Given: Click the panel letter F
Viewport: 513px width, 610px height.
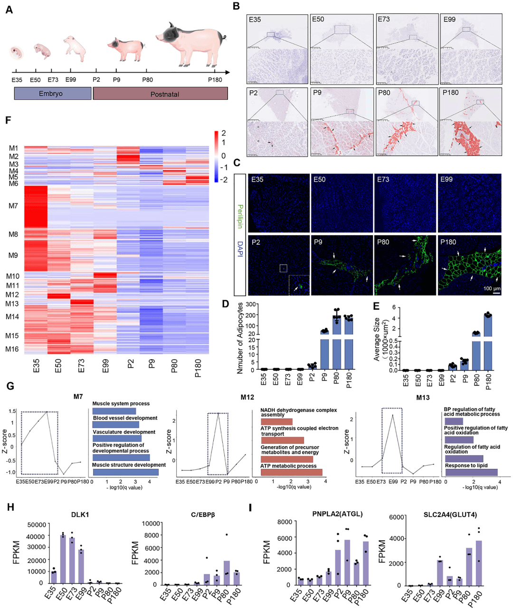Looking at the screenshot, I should pos(8,120).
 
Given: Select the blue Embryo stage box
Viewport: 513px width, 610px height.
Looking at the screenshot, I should pos(52,94).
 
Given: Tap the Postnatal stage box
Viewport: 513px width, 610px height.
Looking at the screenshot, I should pos(160,94).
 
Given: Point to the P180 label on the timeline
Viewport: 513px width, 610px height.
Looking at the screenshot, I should pos(215,80).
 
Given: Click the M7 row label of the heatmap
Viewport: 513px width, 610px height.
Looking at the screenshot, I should pos(13,206).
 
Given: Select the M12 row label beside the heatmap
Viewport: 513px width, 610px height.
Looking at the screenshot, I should pos(12,295).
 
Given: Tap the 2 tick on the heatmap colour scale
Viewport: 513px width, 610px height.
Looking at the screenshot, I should pos(224,133).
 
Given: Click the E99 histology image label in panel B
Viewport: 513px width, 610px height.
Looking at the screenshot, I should pos(449,19).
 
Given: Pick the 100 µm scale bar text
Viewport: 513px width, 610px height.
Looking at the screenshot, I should pos(492,288).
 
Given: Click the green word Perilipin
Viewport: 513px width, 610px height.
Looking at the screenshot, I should pos(240,217).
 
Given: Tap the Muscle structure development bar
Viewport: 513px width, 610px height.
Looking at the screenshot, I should pos(125,472).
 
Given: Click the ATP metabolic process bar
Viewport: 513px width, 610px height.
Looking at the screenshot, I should pos(291,472).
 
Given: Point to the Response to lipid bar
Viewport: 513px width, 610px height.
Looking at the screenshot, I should pos(471,472).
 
